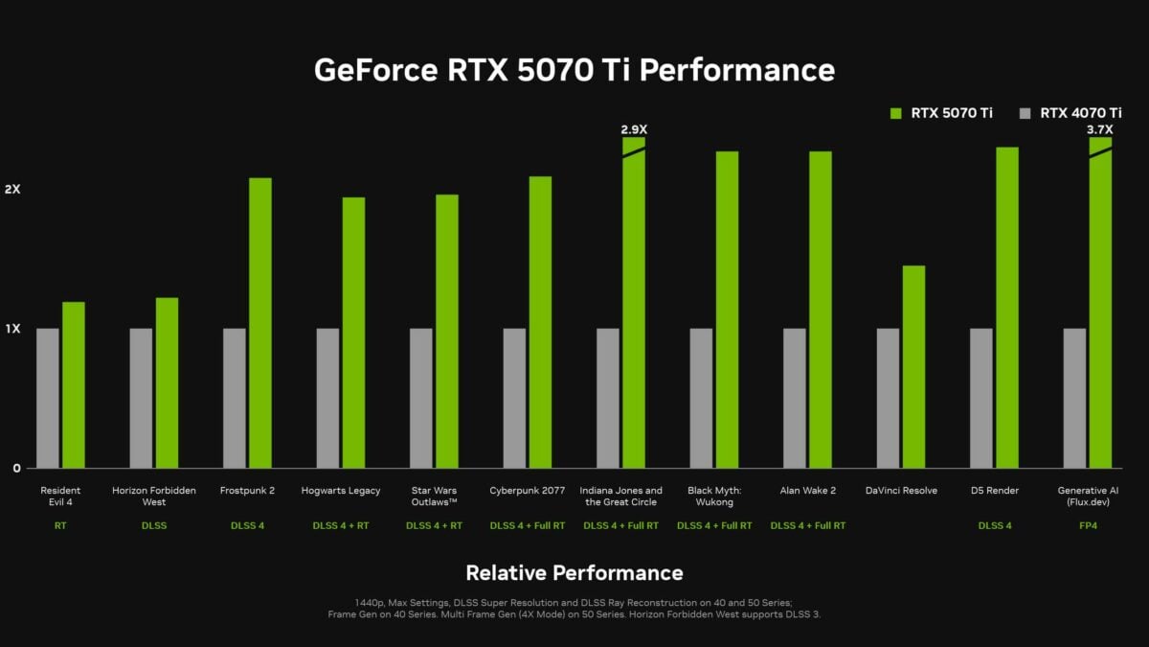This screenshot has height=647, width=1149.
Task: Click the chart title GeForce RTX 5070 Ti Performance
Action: pos(574,70)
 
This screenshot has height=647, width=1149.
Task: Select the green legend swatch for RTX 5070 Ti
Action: pos(896,113)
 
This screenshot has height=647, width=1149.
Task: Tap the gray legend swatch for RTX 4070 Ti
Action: pos(1025,113)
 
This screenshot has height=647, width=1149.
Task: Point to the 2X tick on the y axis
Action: pos(12,190)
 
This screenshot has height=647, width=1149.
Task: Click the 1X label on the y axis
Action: pos(12,329)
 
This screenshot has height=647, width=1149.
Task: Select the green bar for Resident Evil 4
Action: pos(74,385)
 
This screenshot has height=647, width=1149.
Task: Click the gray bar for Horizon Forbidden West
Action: pos(141,398)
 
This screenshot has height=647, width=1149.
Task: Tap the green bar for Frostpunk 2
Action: pos(260,323)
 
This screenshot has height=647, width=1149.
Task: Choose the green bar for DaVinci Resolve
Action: pos(913,367)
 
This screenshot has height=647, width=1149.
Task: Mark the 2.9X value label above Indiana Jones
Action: pos(634,129)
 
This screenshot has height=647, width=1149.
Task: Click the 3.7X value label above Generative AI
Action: pos(1099,129)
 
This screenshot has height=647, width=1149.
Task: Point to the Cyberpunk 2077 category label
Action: pos(528,491)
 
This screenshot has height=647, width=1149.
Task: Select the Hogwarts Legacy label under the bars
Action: pos(341,491)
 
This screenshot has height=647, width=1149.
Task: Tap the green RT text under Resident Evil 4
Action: pos(61,525)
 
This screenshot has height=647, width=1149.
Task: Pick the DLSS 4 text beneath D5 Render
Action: pos(995,525)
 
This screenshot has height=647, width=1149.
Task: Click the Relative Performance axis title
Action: pos(574,573)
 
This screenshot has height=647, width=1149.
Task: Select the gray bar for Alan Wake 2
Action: pos(795,398)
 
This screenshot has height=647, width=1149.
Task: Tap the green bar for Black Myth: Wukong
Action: pos(727,310)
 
